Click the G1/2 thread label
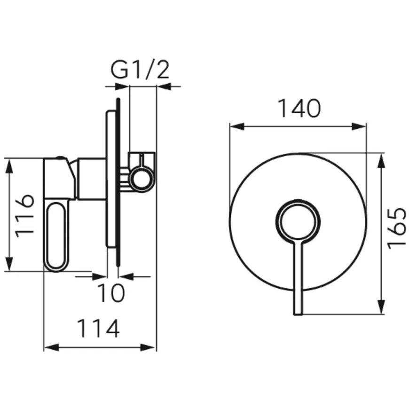tap(140, 70)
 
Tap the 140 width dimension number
tap(299, 108)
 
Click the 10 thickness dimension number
tap(111, 293)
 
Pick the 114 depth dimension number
tap(99, 329)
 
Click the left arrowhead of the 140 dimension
tap(237, 127)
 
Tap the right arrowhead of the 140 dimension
tap(359, 127)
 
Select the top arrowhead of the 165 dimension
tap(382, 160)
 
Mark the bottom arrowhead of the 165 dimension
tap(382, 307)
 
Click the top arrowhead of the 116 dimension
tap(9, 165)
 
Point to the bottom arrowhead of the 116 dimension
tap(9, 264)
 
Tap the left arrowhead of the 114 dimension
tap(51, 347)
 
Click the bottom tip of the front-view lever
tap(298, 315)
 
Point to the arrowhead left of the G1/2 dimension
tap(121, 87)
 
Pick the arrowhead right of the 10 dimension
tap(126, 276)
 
